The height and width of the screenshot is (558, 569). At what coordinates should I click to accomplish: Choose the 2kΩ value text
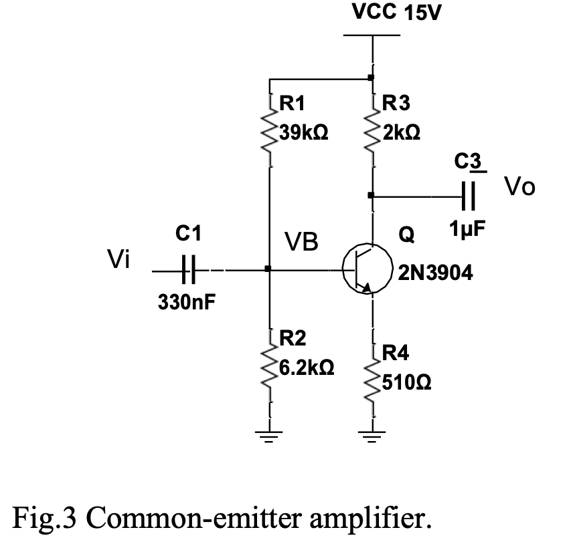[x=400, y=132]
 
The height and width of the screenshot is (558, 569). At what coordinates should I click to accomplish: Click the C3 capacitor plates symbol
[x=469, y=196]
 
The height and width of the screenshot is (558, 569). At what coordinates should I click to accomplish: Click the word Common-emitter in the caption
[x=187, y=518]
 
